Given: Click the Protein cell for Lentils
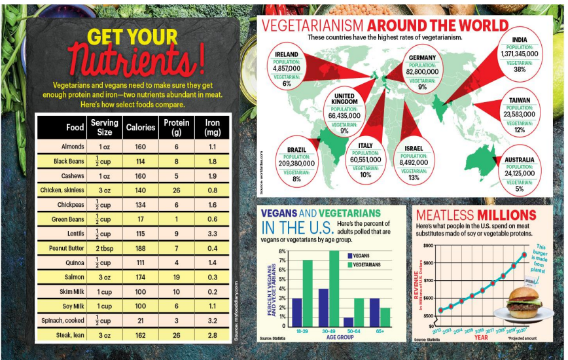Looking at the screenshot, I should (x=177, y=233).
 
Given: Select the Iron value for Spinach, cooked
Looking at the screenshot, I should (x=212, y=321).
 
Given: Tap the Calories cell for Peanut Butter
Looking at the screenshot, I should (x=140, y=248).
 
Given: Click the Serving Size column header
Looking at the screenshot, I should (x=104, y=127).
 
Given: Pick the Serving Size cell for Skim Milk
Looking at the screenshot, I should (x=104, y=292).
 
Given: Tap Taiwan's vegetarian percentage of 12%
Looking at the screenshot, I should (x=520, y=130).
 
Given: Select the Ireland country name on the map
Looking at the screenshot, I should (x=287, y=54).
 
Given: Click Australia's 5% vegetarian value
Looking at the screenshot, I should (x=520, y=189).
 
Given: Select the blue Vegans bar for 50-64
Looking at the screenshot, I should (x=349, y=321).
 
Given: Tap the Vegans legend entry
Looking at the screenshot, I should (x=360, y=256).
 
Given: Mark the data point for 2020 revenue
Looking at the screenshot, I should (x=524, y=255).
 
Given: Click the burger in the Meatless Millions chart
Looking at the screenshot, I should (x=523, y=303).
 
